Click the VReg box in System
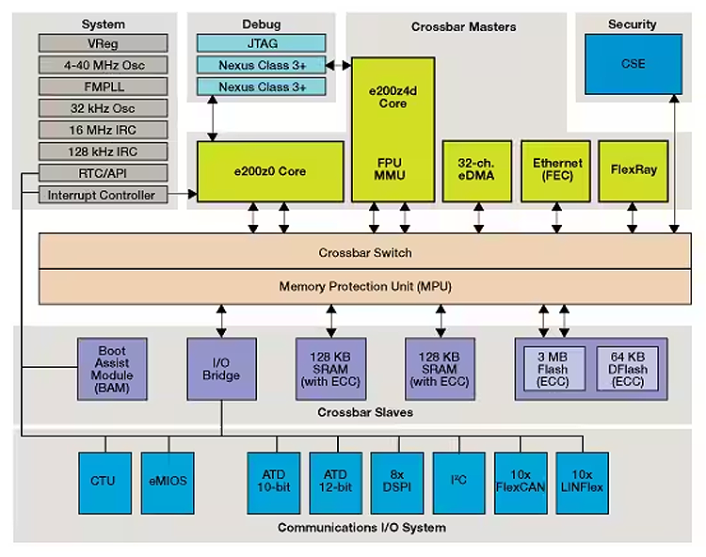pos(104,43)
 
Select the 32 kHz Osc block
pos(104,108)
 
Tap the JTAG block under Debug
pos(261,43)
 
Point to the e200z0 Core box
pos(270,171)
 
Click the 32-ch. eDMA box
pos(477,170)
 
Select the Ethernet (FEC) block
pos(557,170)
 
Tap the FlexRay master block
pos(633,170)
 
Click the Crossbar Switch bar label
pos(364,253)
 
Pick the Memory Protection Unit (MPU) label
pos(364,285)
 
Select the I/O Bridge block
pos(222,368)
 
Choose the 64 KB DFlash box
pos(627,368)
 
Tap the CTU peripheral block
pos(103,481)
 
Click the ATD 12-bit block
pos(335,481)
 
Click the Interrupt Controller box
pos(104,195)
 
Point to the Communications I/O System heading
pos(361,528)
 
